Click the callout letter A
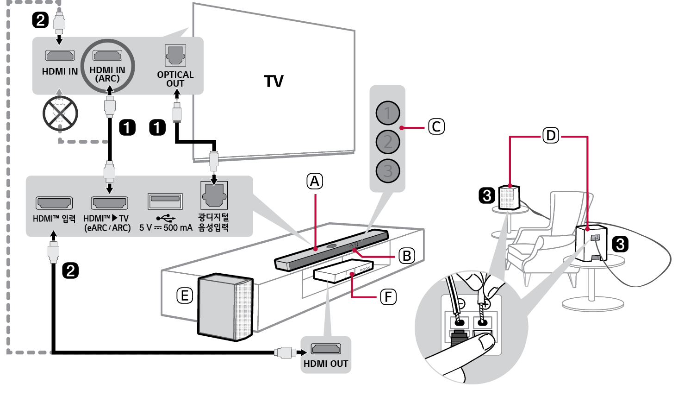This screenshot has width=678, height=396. coord(315,181)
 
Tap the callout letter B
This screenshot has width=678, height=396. coord(407,256)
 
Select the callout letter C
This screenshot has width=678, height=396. coord(436,127)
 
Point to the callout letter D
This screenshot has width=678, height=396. coord(550,136)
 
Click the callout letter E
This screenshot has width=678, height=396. coord(185,295)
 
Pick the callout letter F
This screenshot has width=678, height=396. coord(388,297)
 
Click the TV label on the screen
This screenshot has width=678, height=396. coord(274,82)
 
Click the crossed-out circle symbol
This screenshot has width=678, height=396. coord(60,113)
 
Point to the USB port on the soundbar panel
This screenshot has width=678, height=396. coord(165,201)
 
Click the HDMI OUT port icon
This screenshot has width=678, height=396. coord(326,348)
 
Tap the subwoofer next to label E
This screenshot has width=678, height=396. coord(225,307)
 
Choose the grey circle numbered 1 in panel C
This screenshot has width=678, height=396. coord(388,113)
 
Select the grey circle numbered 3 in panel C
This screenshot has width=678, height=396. coord(388,171)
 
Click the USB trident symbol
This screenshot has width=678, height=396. coord(165,218)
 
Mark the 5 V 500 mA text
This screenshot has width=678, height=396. coord(166,228)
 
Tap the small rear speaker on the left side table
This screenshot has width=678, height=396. coord(509,197)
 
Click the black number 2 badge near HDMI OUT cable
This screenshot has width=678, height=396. coord(70,270)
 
